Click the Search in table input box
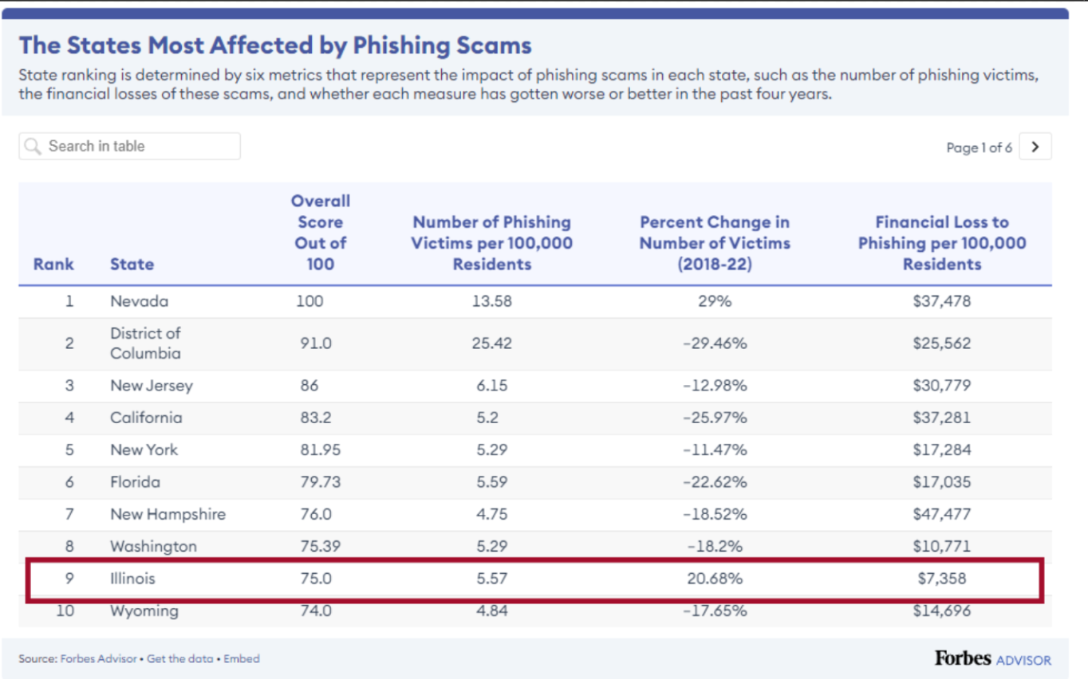(x=129, y=146)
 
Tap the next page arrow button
(x=1035, y=147)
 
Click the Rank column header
(x=53, y=264)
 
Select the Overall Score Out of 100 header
(x=320, y=232)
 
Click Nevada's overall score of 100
(x=309, y=301)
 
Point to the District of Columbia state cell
(x=145, y=343)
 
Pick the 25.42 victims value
(x=491, y=343)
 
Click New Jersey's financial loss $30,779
(x=941, y=386)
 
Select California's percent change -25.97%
(x=715, y=418)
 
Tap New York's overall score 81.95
(x=320, y=449)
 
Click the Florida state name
(x=135, y=482)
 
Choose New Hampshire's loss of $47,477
(x=941, y=514)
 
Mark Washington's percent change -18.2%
(x=715, y=547)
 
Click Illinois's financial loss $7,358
(x=941, y=579)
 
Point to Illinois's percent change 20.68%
(x=715, y=579)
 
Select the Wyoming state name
(x=144, y=611)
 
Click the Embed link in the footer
(x=242, y=659)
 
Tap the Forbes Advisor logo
(x=992, y=659)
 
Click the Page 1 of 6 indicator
(x=979, y=147)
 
